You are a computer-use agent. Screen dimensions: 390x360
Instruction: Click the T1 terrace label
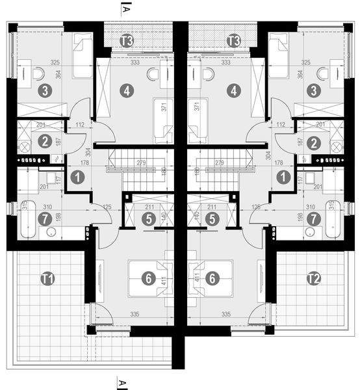pos(47,279)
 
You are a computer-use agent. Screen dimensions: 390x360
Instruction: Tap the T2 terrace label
pos(313,279)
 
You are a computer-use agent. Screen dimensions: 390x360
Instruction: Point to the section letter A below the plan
pos(122,380)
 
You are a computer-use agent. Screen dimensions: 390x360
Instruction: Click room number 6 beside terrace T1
pos(149,278)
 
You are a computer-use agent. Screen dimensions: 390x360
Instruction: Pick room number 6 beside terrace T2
pos(212,278)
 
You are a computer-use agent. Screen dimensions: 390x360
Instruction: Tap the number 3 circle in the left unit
pos(44,91)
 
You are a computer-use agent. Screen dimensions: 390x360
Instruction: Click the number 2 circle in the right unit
pos(315,143)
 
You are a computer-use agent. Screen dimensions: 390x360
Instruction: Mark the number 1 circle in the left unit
pos(77,176)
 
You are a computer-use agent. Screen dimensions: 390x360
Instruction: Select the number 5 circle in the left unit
pos(149,219)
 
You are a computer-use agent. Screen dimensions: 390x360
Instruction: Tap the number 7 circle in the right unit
pos(315,219)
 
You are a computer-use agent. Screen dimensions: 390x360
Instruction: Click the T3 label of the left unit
pos(127,41)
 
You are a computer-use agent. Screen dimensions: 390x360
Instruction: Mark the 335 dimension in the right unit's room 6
pos(226,314)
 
